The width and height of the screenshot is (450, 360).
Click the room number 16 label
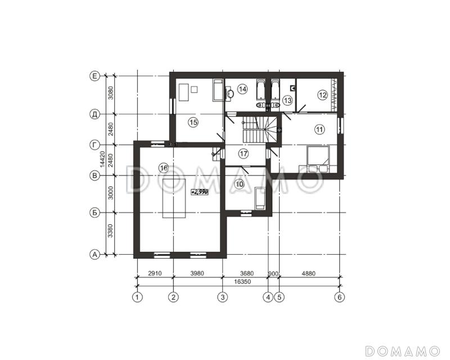click(164, 168)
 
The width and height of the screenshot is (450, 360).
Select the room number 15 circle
click(193, 123)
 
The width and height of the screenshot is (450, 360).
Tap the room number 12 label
click(322, 94)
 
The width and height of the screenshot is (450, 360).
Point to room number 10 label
click(239, 184)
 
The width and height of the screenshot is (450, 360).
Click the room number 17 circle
click(244, 154)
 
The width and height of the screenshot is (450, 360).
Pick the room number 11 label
click(319, 129)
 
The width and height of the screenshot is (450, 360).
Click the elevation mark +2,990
click(200, 192)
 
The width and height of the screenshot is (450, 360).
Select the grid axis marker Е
click(94, 76)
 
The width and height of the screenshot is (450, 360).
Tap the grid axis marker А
click(94, 254)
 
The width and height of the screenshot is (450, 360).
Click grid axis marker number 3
click(223, 297)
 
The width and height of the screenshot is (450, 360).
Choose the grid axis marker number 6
click(340, 297)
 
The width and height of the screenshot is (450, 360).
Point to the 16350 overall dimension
click(242, 282)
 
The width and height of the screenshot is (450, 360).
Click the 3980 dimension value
click(197, 273)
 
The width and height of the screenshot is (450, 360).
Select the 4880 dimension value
click(308, 273)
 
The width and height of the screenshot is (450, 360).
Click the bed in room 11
click(318, 159)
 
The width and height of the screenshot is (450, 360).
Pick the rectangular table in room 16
click(174, 198)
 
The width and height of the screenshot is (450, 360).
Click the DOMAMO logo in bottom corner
click(403, 351)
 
